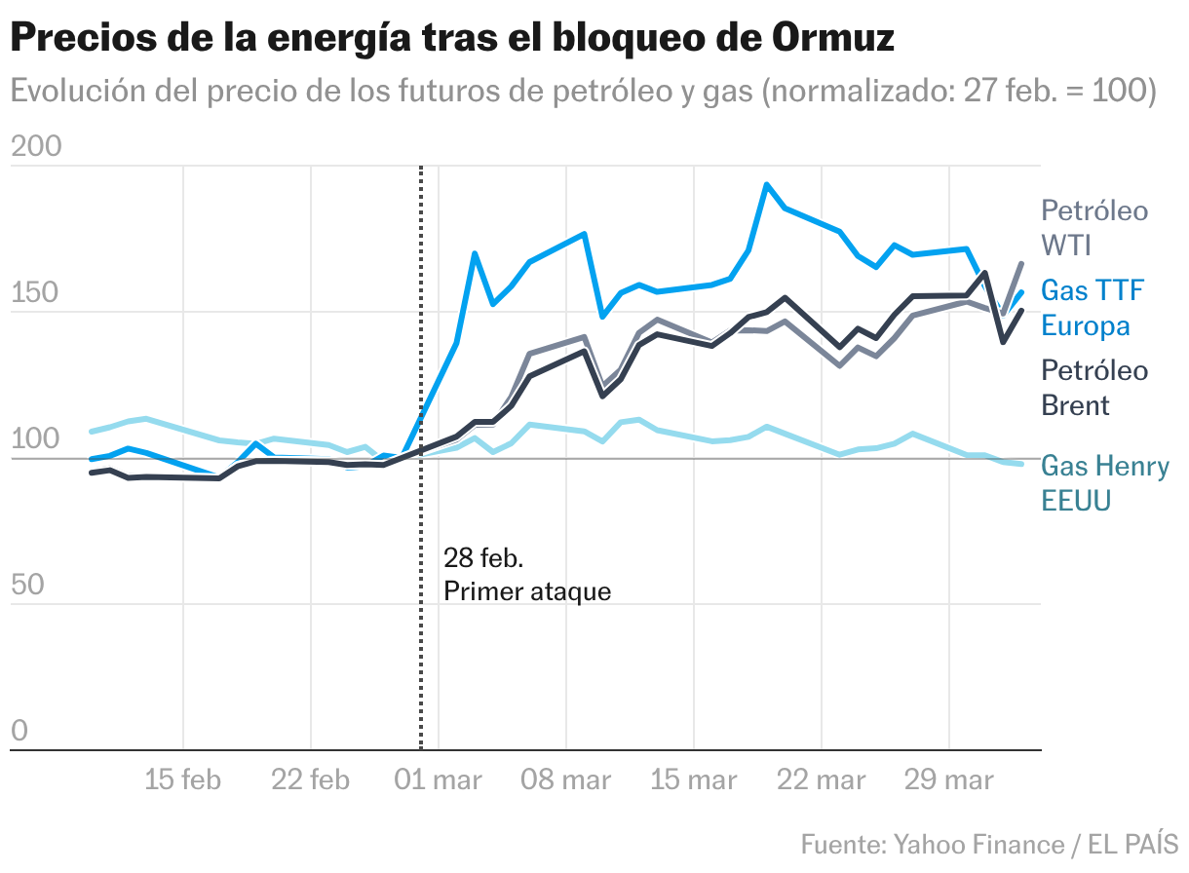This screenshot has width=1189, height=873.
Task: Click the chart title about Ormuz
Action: pos(452,39)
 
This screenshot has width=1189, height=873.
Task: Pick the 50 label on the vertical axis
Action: pos(27,585)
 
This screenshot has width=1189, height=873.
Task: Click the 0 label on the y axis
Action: pos(19,731)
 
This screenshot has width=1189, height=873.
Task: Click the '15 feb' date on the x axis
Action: pos(183,779)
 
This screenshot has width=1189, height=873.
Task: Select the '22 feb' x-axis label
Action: pos(310,779)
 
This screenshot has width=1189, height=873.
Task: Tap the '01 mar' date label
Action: pos(439,779)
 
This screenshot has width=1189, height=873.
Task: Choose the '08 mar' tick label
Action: pos(565,779)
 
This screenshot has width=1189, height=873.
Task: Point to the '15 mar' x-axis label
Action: pos(693,779)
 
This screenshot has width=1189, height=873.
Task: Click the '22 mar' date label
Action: pos(821,779)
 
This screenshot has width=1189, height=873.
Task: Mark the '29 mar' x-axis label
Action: pos(948,779)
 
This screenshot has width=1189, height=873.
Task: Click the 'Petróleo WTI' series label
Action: pos(1094,227)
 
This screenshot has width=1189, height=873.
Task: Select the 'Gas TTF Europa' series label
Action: pos(1093,307)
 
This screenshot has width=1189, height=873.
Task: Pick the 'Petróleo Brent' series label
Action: pos(1094,387)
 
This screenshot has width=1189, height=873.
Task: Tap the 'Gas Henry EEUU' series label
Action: pos(1105,483)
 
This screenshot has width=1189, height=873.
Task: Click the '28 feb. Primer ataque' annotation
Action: pos(527,575)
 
